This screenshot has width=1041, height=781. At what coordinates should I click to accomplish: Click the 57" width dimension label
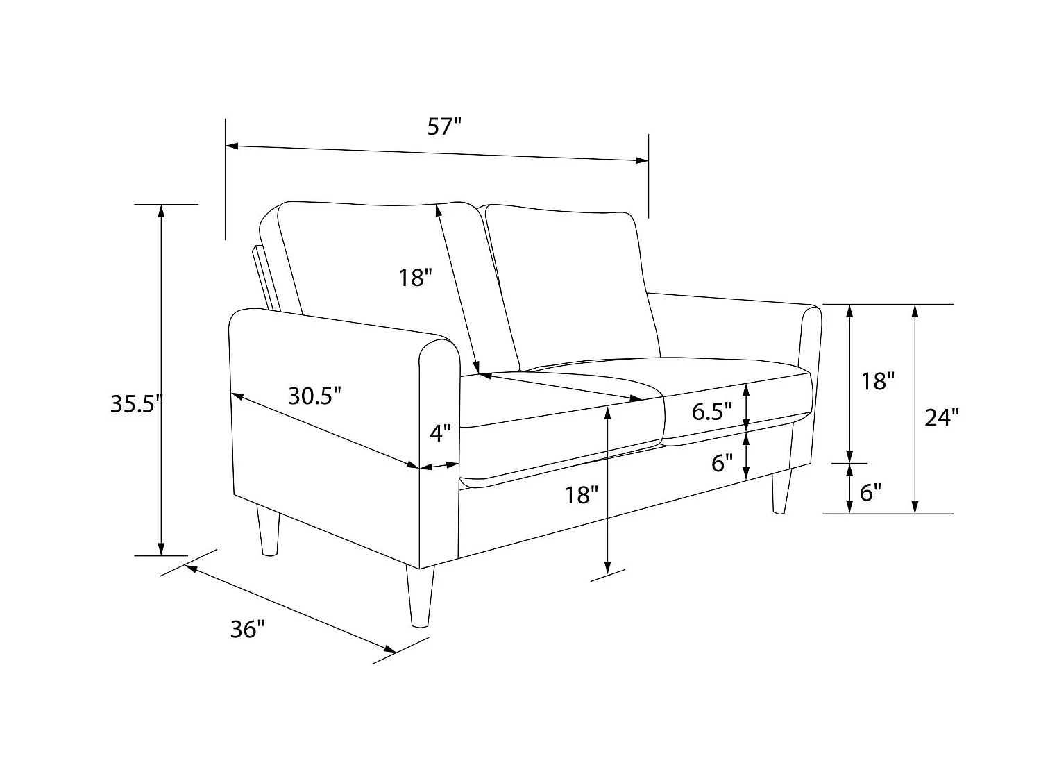point(444,127)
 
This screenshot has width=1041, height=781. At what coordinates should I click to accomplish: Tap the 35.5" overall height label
point(135,404)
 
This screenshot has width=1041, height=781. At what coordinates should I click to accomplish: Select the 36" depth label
point(248,629)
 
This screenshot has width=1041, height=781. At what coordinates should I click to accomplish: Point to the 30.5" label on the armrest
point(315,396)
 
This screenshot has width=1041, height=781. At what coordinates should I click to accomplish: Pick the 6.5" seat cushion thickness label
point(712,412)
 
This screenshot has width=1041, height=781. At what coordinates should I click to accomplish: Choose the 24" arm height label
point(942,417)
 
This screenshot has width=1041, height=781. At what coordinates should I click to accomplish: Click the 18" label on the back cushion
point(416,278)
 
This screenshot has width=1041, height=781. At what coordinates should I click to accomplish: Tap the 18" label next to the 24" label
point(877,380)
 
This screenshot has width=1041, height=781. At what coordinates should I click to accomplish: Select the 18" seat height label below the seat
point(581,495)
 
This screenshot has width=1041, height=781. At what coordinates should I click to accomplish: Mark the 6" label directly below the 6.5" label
point(722,463)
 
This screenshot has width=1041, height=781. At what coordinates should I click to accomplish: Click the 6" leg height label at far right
point(870,492)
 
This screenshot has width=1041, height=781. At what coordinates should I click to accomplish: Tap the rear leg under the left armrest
point(268,531)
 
